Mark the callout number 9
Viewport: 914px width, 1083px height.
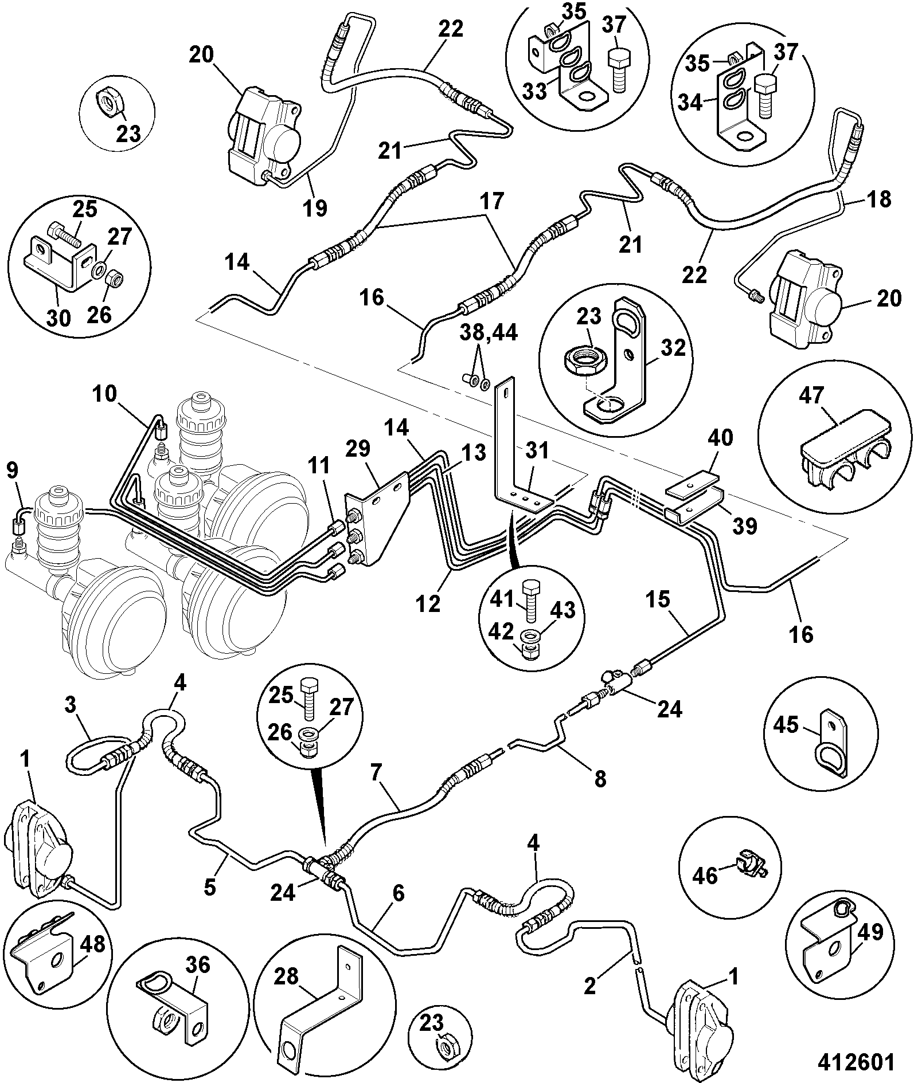click(12, 470)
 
